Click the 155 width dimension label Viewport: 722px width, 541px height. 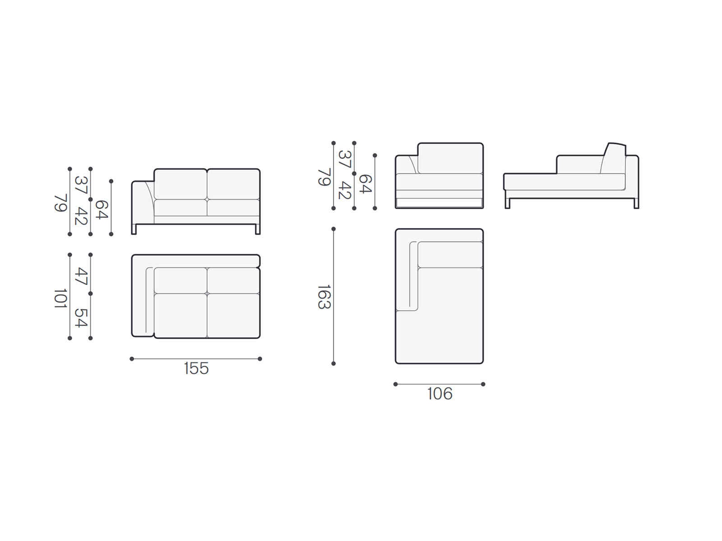pos(196,368)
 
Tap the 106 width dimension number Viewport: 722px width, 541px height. pos(440,394)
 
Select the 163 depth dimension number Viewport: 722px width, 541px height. pos(324,297)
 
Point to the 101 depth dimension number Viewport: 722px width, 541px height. pos(60,298)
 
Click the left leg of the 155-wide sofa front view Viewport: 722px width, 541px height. pos(134,229)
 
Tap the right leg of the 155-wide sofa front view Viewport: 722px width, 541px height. pos(258,229)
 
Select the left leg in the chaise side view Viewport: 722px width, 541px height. pos(508,204)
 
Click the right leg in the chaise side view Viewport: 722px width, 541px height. pos(636,204)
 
